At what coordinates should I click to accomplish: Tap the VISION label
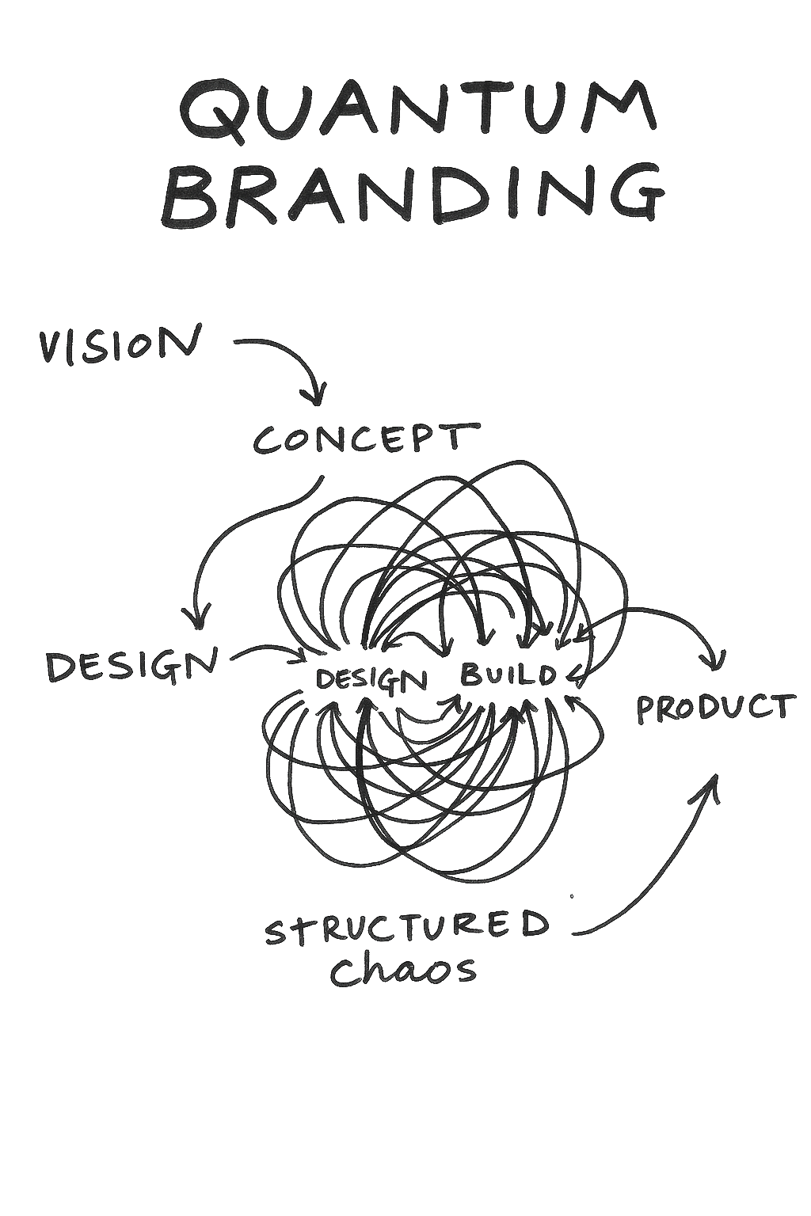point(119,345)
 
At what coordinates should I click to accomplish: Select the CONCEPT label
point(366,439)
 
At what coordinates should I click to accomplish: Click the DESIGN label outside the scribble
point(131,666)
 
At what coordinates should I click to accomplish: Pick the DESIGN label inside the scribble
point(371,679)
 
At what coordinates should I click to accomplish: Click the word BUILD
point(508,675)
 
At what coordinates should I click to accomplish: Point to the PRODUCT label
point(714,708)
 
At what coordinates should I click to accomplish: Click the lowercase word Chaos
point(403,970)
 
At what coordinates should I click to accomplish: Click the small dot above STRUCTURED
point(572,897)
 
